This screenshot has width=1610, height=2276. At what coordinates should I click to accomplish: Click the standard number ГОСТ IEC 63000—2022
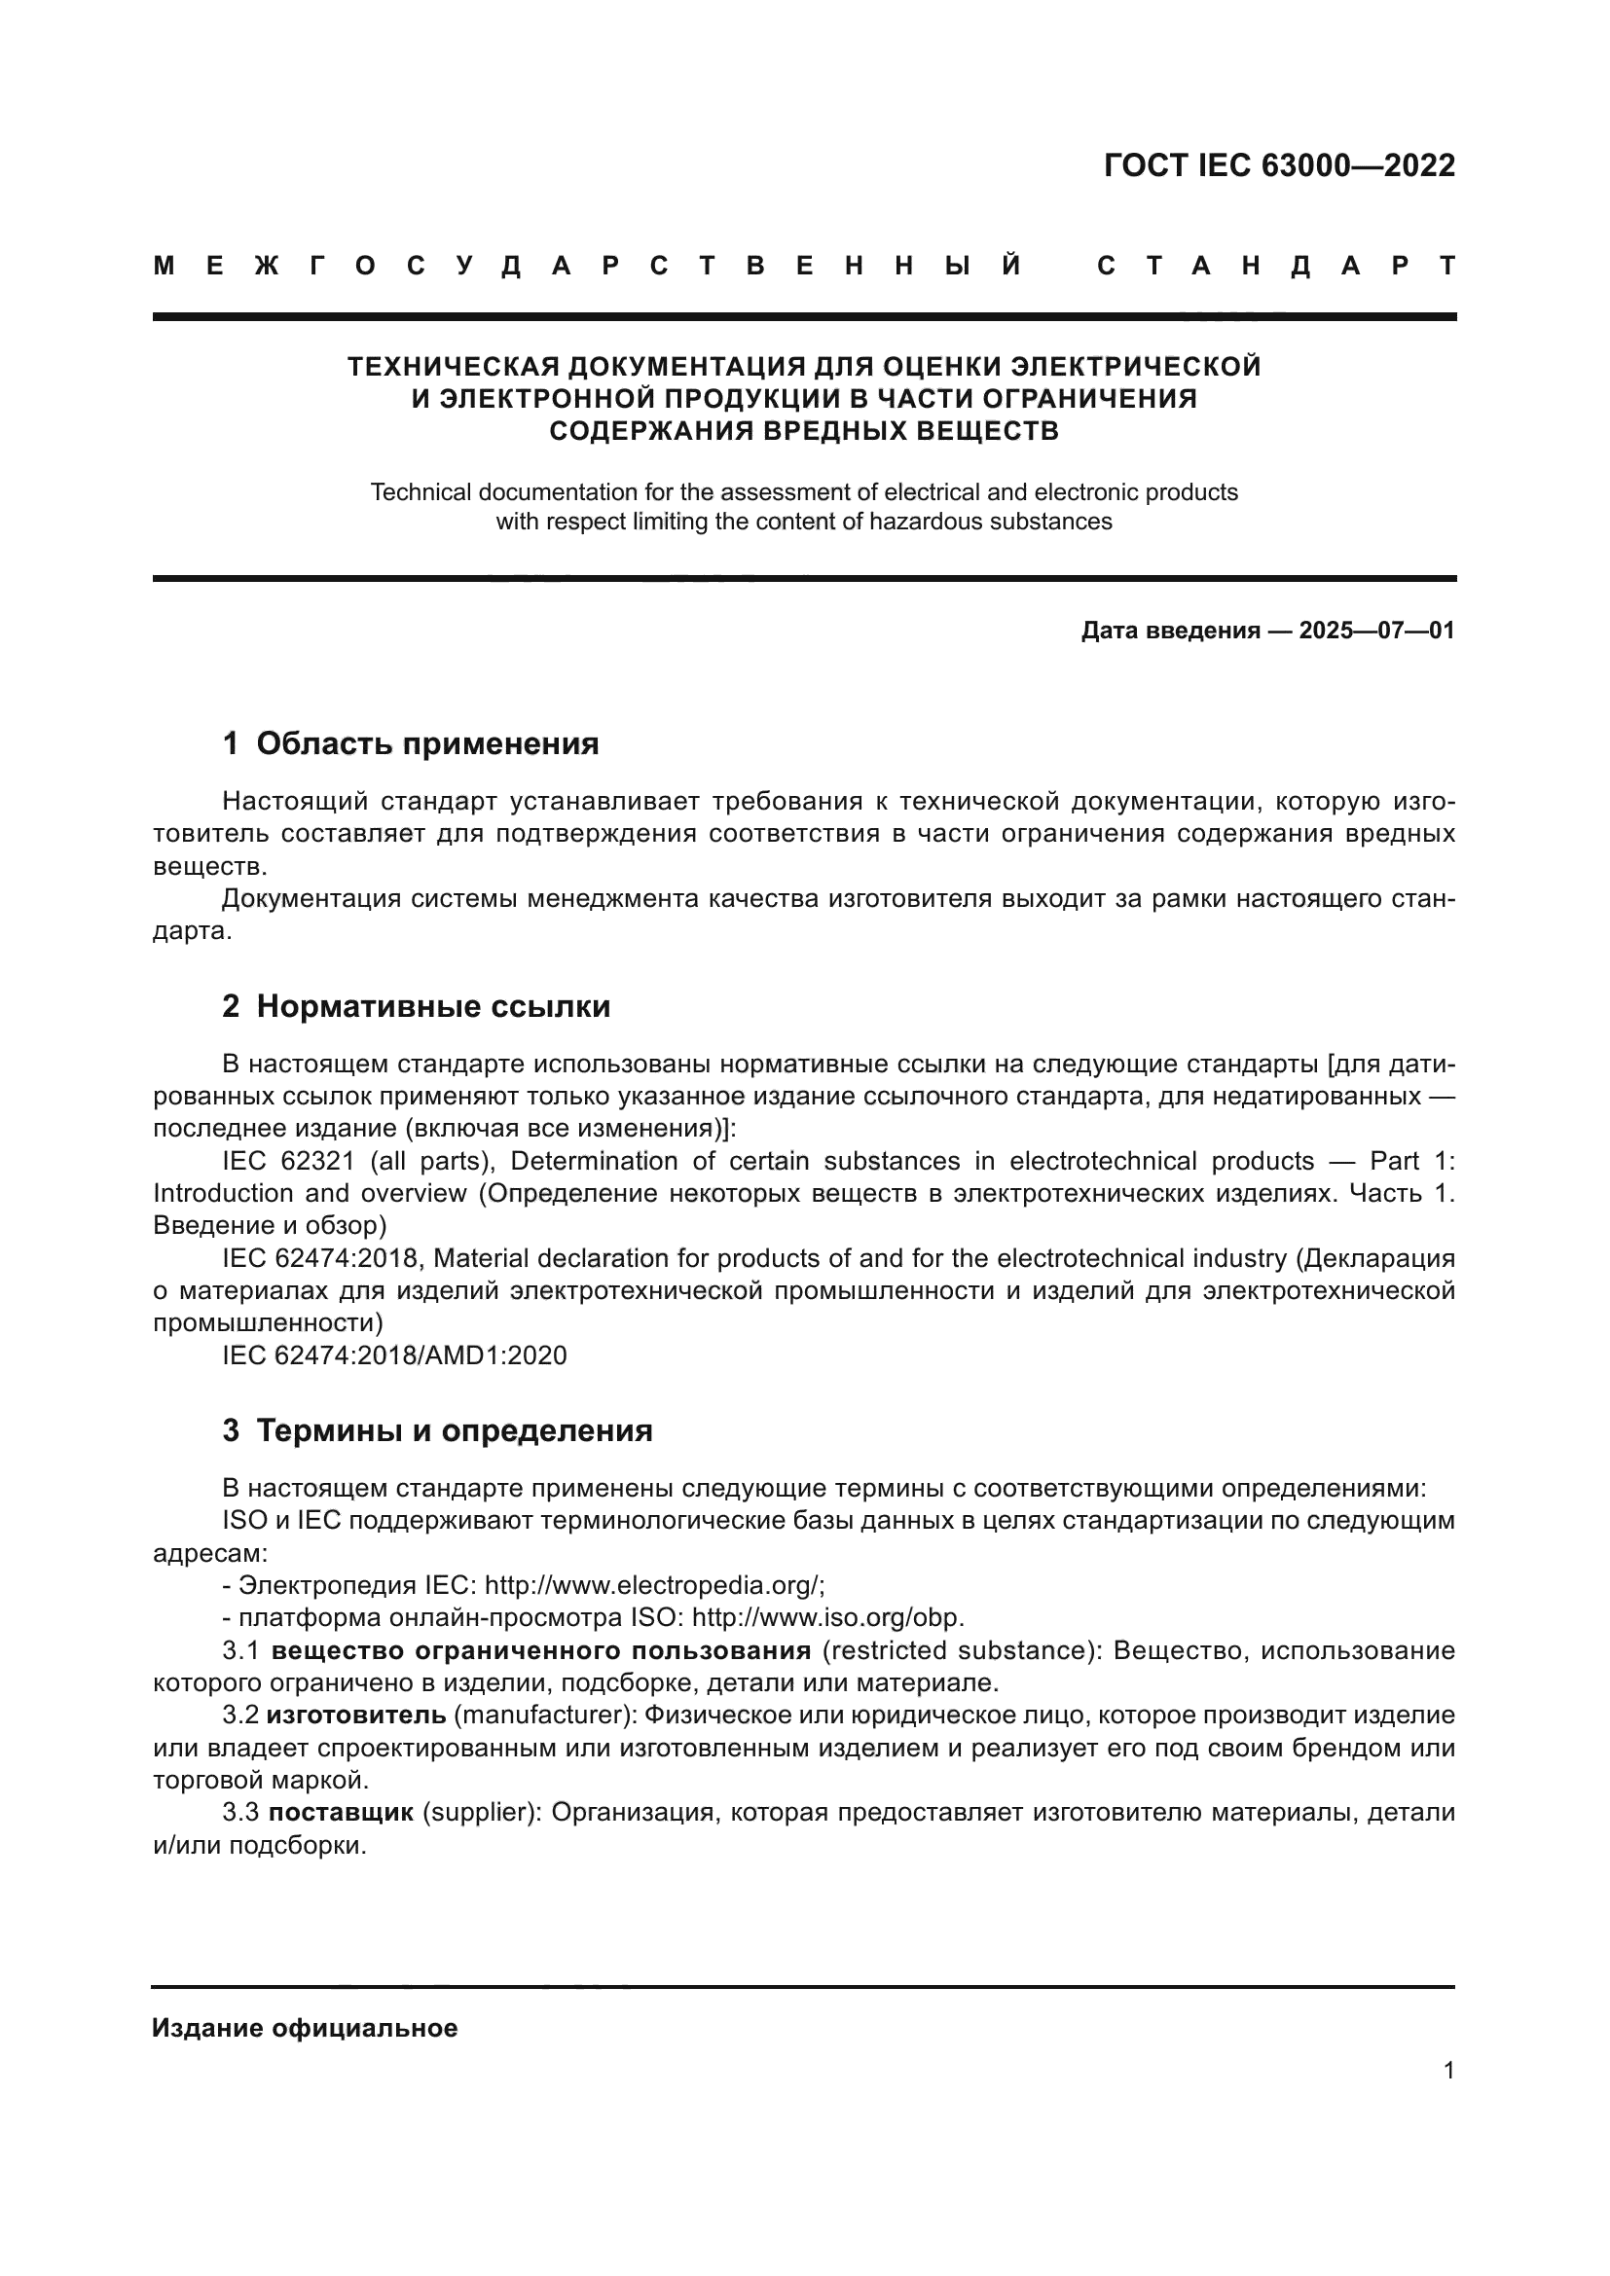[x=1279, y=165]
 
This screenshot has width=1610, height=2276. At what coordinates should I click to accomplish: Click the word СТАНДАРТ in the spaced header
[x=1276, y=266]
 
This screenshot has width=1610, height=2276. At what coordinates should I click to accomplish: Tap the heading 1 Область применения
[x=411, y=743]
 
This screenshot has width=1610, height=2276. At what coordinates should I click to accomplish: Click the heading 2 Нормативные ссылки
[x=417, y=1007]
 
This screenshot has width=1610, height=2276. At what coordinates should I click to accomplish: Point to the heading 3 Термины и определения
[x=437, y=1430]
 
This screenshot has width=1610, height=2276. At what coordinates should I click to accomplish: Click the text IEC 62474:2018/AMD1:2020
[x=394, y=1355]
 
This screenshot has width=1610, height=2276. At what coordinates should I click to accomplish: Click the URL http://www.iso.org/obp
[x=826, y=1618]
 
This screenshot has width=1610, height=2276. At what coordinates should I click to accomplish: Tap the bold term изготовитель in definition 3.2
[x=356, y=1715]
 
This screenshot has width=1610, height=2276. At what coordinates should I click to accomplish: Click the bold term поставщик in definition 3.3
[x=341, y=1812]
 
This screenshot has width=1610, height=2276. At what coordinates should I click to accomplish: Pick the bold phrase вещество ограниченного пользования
[x=540, y=1650]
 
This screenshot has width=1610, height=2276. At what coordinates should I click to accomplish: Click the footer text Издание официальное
[x=305, y=2028]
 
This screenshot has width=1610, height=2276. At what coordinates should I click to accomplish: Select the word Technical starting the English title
[x=421, y=491]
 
